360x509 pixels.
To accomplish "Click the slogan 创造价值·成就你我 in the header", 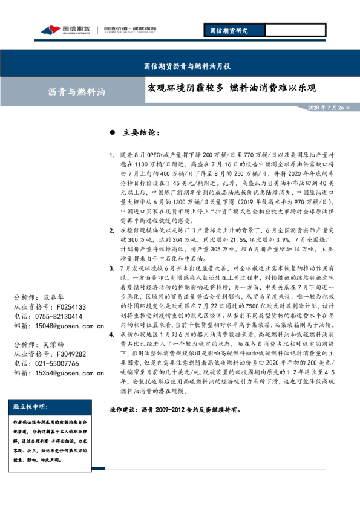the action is click(129, 29).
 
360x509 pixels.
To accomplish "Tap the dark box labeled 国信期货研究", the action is click(228, 30).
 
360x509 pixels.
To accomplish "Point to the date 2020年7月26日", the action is click(329, 107).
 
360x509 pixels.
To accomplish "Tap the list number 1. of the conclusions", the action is click(112, 155).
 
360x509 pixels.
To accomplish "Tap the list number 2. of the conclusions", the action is click(112, 214).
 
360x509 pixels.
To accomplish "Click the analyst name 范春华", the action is click(57, 298).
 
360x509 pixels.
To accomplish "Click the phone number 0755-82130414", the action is click(60, 316).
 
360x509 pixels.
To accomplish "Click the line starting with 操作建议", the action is click(175, 409).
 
